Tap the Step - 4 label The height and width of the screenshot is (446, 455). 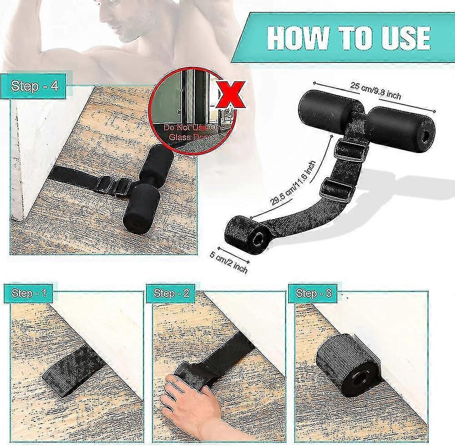click(x=34, y=86)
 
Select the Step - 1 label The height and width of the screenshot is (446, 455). click(x=29, y=293)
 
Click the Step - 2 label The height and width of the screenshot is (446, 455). click(x=171, y=293)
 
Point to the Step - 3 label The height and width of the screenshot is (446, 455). click(x=313, y=293)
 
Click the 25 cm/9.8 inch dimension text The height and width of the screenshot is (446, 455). click(x=375, y=90)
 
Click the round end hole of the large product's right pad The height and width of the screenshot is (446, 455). click(x=425, y=135)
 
